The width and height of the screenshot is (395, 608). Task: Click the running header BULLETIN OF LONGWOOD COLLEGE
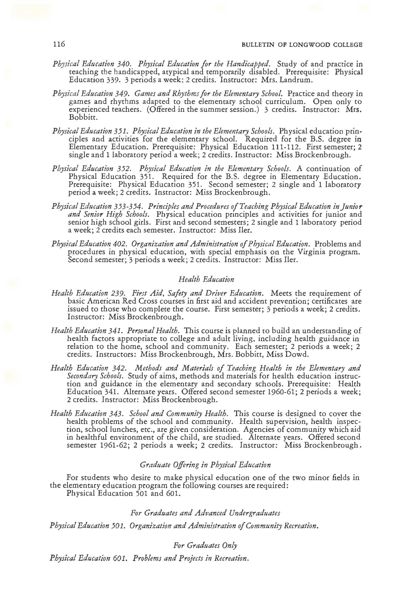coord(302,45)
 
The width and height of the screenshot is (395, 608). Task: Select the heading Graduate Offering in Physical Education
coord(205,465)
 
